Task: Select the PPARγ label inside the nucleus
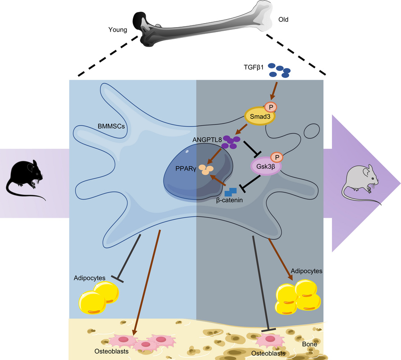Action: click(186, 169)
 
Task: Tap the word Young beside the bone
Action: click(118, 30)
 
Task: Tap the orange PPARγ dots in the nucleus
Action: click(206, 169)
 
